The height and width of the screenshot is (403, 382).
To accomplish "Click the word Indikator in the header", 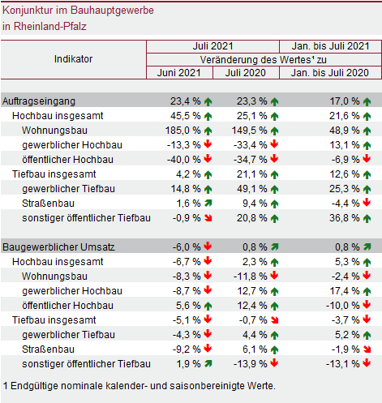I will [x=73, y=59].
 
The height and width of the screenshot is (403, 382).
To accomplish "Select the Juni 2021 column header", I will [x=179, y=73].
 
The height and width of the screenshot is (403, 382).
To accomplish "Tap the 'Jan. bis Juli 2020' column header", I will [x=329, y=73].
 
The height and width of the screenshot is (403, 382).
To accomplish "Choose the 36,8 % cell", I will [x=341, y=218].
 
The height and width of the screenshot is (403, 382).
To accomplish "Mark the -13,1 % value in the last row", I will [x=341, y=363].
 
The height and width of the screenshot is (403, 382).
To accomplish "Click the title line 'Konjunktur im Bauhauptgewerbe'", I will [x=77, y=11].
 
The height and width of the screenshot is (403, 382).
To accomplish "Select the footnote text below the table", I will [x=139, y=385].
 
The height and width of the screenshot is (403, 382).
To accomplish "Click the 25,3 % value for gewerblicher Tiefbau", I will [x=341, y=189].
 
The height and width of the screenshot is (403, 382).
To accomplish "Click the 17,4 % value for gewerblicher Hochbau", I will [x=341, y=290].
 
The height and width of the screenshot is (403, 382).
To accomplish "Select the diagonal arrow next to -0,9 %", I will [x=208, y=218].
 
